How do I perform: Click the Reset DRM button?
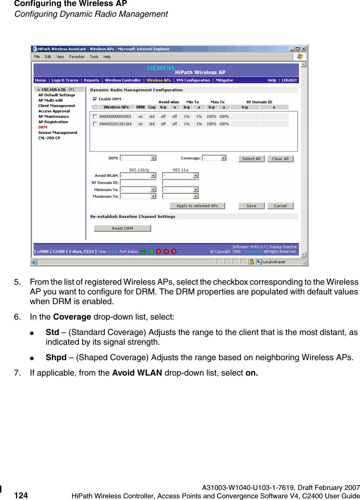(x=122, y=228)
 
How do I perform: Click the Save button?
(x=251, y=206)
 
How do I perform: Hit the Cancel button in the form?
(x=280, y=206)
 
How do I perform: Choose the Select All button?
(x=251, y=159)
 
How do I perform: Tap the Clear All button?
(x=280, y=159)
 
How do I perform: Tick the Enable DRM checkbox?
(x=95, y=99)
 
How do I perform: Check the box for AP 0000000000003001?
(x=95, y=117)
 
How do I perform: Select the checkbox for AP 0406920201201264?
(x=95, y=124)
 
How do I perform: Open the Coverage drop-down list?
(x=223, y=158)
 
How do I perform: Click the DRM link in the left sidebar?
(x=43, y=127)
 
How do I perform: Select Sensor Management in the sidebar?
(x=58, y=133)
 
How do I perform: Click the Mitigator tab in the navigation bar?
(x=224, y=80)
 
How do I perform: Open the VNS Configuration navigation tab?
(x=193, y=80)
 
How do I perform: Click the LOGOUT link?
(x=289, y=80)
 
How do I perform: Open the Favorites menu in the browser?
(x=77, y=57)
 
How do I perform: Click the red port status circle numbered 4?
(x=174, y=252)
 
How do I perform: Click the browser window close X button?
(x=303, y=49)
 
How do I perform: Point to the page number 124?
(x=21, y=495)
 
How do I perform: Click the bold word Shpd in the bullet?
(x=56, y=357)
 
